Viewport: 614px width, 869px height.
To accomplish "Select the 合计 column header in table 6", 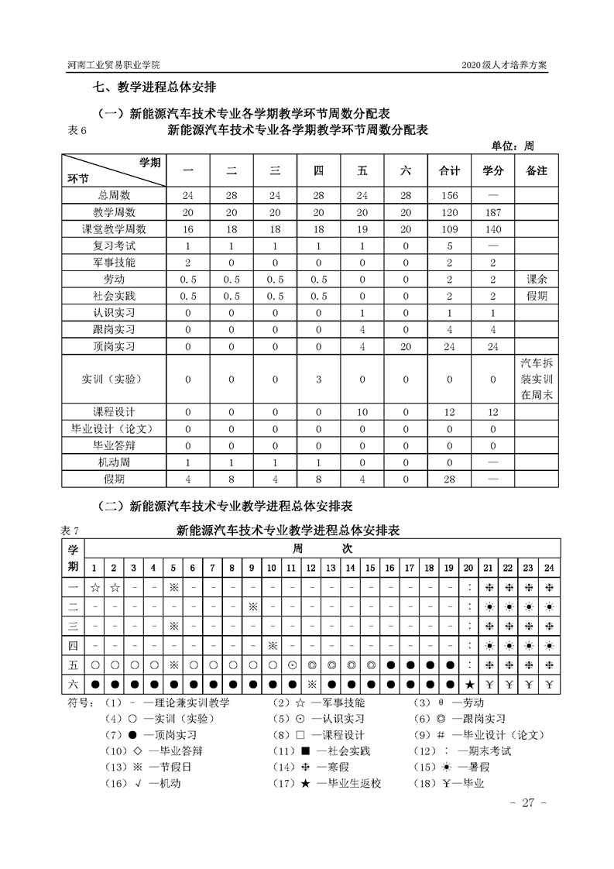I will [449, 170].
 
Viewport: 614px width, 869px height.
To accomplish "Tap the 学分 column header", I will [493, 170].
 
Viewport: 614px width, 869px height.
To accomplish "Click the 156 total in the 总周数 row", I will [449, 195].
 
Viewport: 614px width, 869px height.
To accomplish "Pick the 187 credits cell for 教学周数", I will [493, 212].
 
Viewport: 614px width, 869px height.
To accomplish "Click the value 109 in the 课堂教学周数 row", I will [449, 229].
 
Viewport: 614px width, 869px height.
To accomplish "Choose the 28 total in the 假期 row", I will [449, 479].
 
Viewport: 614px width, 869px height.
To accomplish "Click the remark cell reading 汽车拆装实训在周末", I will [536, 379].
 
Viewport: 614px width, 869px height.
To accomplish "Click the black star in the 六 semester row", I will [469, 684].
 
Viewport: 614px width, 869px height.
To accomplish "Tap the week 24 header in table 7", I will [548, 568].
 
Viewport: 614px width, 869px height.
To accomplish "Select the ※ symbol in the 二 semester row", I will [252, 606].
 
